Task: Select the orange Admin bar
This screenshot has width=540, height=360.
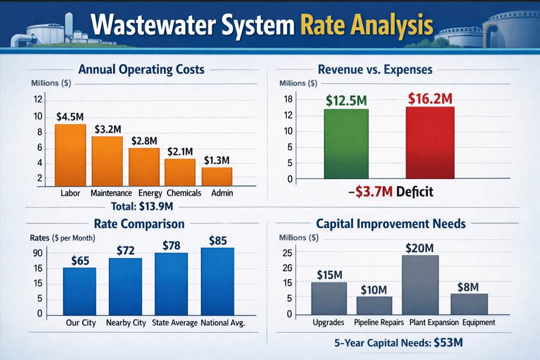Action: [217, 176]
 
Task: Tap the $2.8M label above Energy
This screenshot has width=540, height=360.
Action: [144, 141]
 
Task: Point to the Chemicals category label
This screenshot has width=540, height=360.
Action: [183, 193]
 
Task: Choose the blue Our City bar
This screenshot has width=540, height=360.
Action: [80, 291]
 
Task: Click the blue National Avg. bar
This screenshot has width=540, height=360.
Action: [217, 281]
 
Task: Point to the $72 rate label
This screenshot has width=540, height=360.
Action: [125, 251]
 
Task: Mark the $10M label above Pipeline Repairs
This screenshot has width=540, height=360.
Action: [374, 290]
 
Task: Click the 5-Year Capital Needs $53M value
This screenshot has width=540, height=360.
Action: [448, 343]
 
